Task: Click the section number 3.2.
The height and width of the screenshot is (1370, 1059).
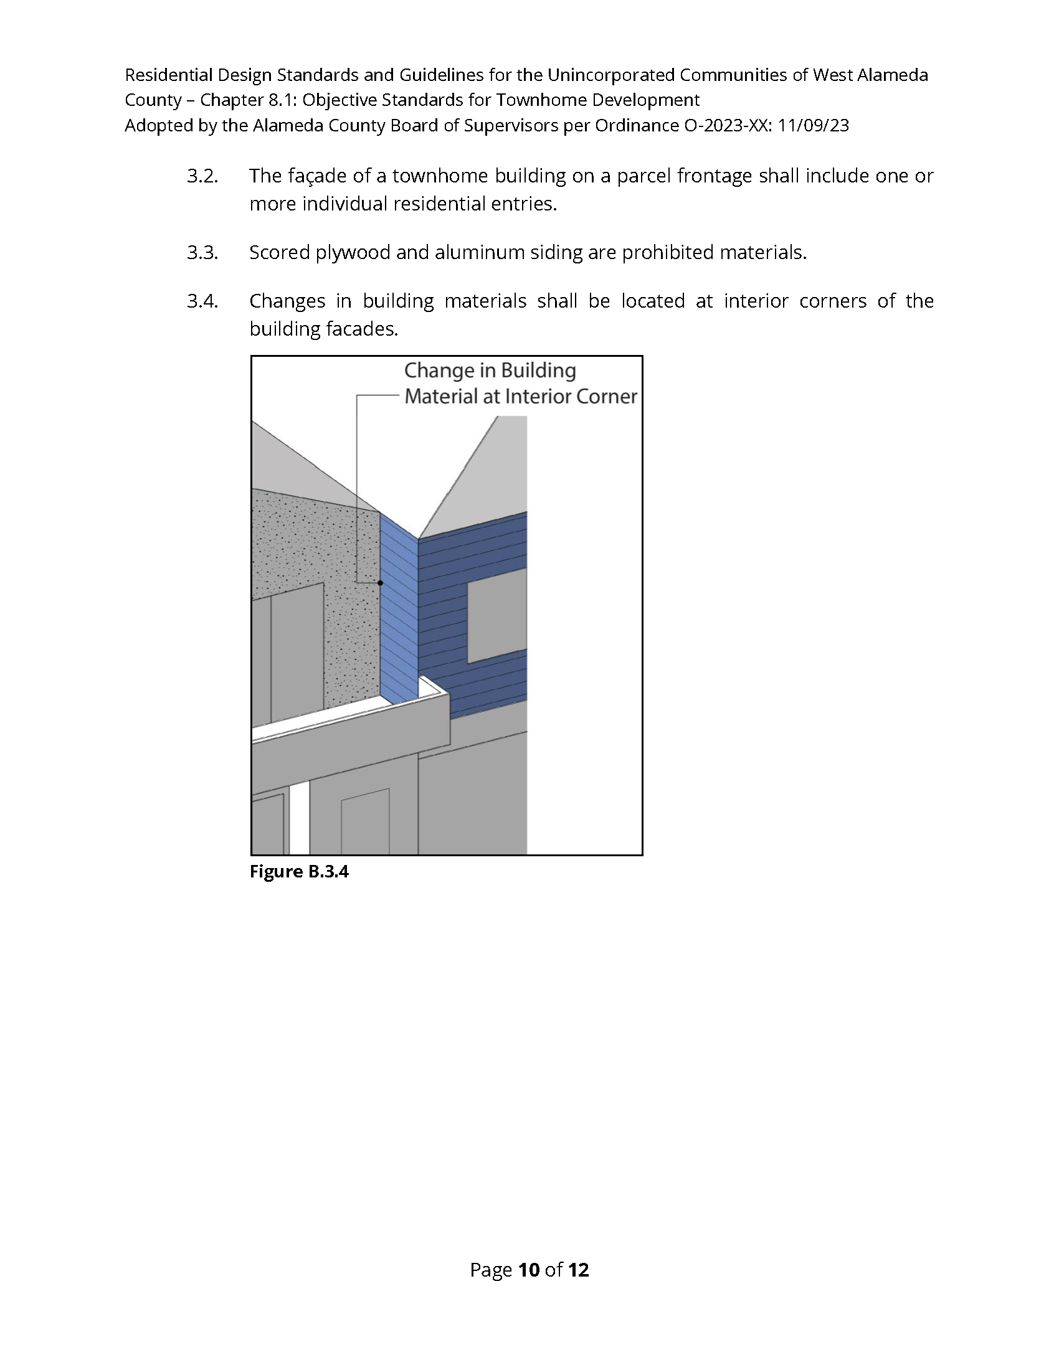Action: coord(202,176)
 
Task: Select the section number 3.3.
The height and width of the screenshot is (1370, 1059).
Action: coord(202,253)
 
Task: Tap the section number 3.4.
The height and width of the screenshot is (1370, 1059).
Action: coord(202,302)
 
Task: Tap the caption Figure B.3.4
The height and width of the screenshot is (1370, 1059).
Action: coord(298,872)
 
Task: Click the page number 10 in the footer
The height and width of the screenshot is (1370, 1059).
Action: coord(529,1270)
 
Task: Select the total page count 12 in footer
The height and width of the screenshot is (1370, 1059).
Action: coord(579,1270)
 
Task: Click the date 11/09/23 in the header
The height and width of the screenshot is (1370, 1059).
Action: coord(813,126)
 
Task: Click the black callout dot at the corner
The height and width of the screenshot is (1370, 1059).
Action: coord(380,583)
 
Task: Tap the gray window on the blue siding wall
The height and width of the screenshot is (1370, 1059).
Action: coord(497,616)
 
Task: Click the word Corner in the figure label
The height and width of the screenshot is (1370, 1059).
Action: coord(607,397)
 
